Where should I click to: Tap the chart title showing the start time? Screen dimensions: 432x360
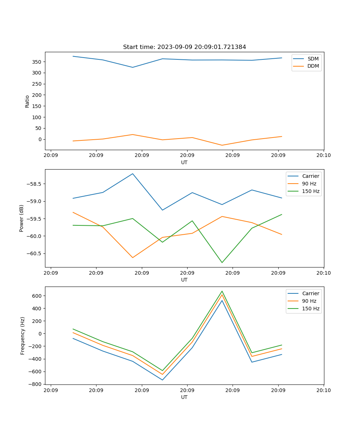click(184, 47)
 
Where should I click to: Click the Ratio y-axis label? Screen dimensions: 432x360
click(27, 102)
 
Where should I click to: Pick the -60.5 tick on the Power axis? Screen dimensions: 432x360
click(34, 253)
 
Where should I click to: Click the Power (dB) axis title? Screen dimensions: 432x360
click(22, 218)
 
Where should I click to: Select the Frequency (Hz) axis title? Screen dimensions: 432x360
click(23, 336)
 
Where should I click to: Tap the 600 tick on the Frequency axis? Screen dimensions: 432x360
click(37, 296)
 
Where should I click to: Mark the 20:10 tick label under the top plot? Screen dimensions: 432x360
click(324, 155)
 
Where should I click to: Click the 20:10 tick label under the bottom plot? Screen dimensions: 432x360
click(324, 390)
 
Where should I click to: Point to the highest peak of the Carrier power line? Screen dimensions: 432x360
click(132, 174)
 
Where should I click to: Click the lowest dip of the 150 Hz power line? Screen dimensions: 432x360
click(222, 262)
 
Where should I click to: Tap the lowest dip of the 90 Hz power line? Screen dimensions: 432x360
click(132, 258)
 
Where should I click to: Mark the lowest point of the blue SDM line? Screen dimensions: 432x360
click(132, 67)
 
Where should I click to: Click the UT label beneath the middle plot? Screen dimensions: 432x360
click(184, 280)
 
